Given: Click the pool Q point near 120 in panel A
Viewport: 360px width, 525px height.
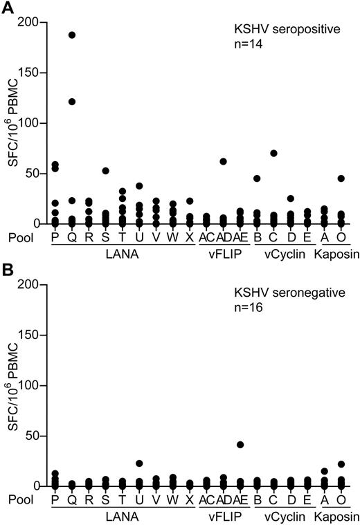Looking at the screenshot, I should click(x=71, y=102).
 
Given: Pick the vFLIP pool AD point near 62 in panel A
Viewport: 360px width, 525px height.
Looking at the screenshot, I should click(x=224, y=161).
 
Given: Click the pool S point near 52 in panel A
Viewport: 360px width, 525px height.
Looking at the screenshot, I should click(x=106, y=171).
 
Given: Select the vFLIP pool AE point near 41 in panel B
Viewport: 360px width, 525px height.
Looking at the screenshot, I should click(x=240, y=445).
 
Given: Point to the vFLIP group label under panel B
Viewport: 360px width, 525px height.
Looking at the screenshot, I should click(x=222, y=517).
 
